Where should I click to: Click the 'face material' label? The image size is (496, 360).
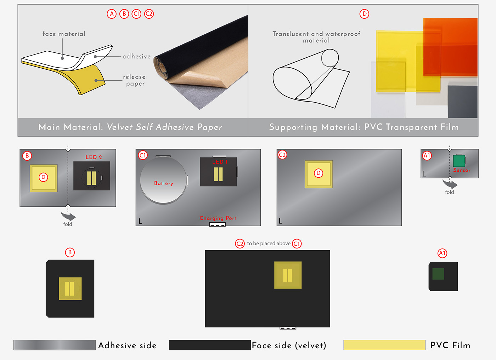(x=64, y=34)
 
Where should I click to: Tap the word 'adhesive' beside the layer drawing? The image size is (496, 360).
(x=137, y=56)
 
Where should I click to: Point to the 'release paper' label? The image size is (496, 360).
(x=134, y=80)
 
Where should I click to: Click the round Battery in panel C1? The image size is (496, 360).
(x=163, y=180)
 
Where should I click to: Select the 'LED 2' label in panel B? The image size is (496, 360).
(x=94, y=157)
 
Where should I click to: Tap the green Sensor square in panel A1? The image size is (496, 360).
(x=459, y=161)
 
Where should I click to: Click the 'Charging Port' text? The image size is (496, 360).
(x=218, y=218)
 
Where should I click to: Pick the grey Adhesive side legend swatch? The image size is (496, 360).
(x=55, y=345)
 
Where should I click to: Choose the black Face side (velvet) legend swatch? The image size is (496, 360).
(x=210, y=345)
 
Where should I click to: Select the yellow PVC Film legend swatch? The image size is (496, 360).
(x=384, y=345)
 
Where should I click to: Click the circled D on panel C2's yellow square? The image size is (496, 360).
(x=319, y=173)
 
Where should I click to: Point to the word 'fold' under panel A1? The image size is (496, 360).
(x=450, y=192)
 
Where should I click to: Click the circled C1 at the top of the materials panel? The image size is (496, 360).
(x=137, y=14)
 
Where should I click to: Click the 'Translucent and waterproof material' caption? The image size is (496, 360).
(x=316, y=37)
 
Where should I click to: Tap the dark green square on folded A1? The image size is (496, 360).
(x=438, y=274)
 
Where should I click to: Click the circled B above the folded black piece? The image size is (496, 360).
(x=70, y=252)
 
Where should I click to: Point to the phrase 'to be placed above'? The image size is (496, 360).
(x=269, y=244)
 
